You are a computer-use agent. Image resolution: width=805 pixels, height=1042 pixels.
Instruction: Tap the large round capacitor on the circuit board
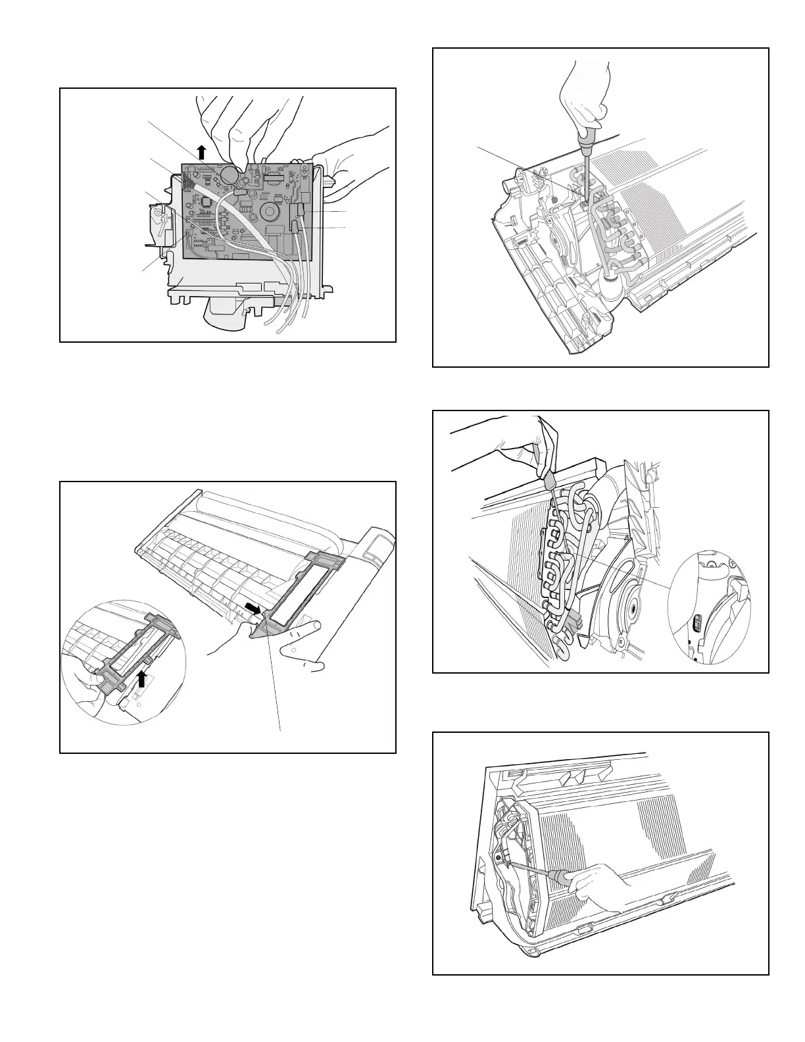pyautogui.click(x=229, y=174)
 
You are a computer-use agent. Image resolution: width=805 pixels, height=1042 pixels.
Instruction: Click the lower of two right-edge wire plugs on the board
pyautogui.click(x=297, y=227)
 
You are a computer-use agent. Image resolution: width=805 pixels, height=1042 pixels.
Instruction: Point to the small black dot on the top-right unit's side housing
pyautogui.click(x=556, y=199)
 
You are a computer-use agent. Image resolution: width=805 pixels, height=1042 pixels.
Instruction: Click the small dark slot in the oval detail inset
pyautogui.click(x=698, y=621)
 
